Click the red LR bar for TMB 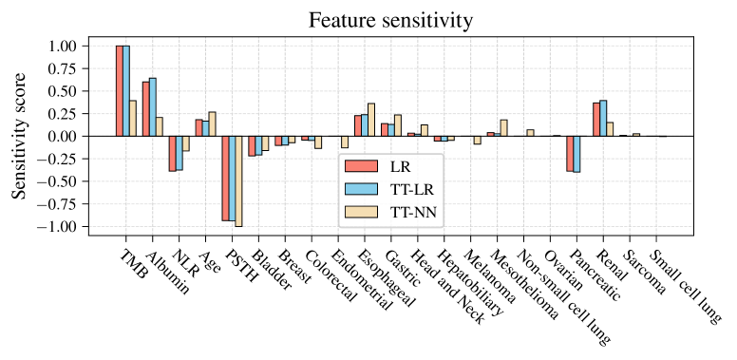coord(120,90)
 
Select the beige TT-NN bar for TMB coord(134,118)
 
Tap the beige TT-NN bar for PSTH coord(239,180)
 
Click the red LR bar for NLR coord(173,153)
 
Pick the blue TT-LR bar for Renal coord(603,118)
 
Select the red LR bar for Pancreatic coord(570,153)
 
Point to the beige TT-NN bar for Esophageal coord(371,120)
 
